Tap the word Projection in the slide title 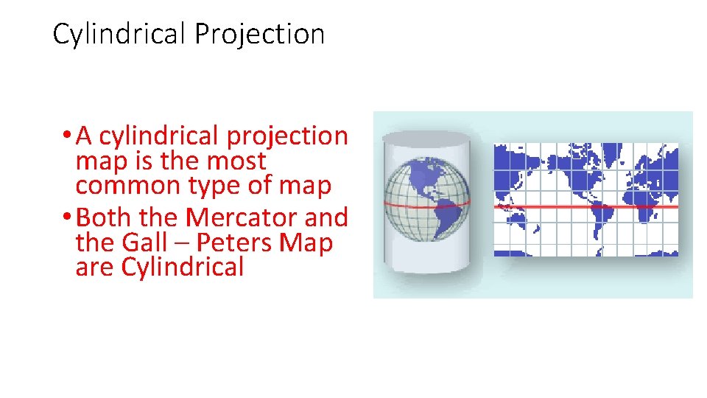(x=259, y=35)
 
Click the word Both (x=102, y=217)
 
